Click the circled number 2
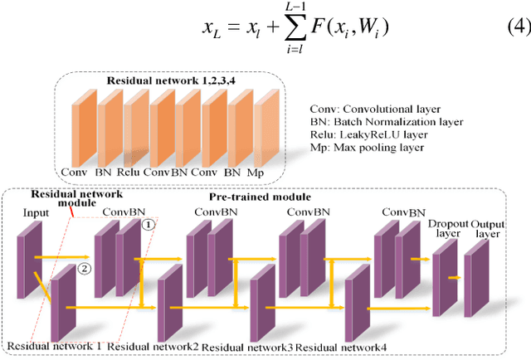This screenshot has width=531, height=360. coord(83,267)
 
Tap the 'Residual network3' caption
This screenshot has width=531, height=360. coord(247,347)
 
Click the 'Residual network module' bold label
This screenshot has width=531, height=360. coord(65,200)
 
